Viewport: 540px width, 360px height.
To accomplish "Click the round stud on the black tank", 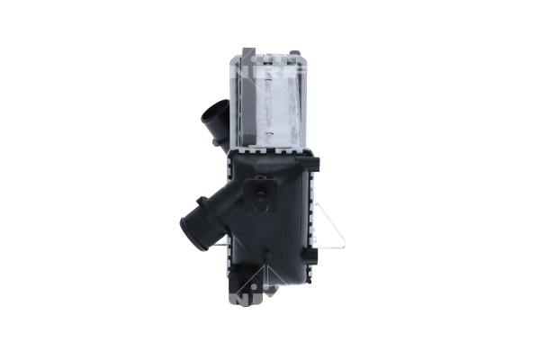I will (261, 191).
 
